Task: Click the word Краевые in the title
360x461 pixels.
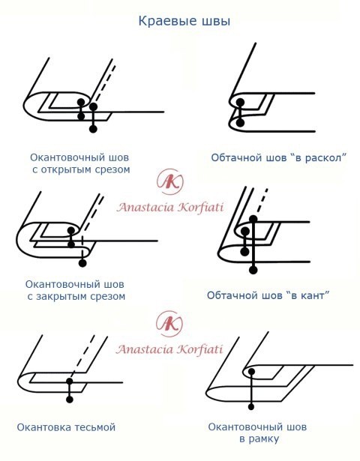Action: click(167, 22)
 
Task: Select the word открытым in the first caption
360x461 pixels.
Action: click(70, 169)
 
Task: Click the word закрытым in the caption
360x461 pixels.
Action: click(65, 296)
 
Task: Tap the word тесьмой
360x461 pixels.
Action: click(94, 427)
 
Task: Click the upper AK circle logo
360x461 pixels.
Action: click(170, 181)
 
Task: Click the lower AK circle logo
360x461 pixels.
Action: click(169, 324)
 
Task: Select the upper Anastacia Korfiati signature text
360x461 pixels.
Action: click(170, 208)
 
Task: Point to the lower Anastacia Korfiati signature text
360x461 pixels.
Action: click(169, 349)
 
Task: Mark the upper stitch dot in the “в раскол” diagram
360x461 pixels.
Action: click(240, 102)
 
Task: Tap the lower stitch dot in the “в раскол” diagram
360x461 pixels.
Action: click(240, 123)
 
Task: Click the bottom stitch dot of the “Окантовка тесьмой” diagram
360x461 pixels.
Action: click(70, 400)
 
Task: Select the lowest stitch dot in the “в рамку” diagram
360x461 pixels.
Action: click(251, 406)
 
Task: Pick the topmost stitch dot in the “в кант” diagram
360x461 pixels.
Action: click(253, 219)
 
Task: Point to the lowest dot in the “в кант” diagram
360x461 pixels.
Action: click(253, 270)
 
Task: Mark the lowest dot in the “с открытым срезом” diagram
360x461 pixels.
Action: click(93, 129)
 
